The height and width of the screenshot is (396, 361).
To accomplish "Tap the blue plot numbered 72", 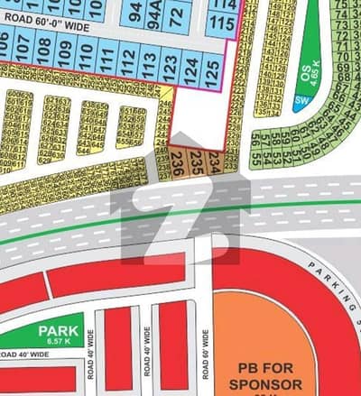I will coord(177,14).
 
